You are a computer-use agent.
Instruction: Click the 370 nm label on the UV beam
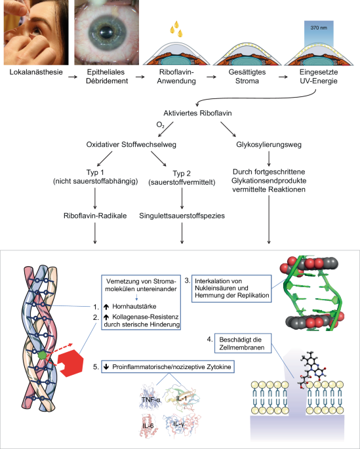click(x=319, y=28)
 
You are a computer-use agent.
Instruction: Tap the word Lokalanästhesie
click(x=36, y=72)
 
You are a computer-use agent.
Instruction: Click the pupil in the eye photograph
click(x=107, y=32)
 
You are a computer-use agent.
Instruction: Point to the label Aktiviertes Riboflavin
click(x=197, y=113)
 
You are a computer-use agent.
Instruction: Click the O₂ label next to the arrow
click(x=160, y=125)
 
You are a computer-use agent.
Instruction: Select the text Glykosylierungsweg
click(x=269, y=144)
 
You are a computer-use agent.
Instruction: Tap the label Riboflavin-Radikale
click(x=95, y=216)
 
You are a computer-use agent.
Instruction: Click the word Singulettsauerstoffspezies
click(x=182, y=216)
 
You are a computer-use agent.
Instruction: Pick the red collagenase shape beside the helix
click(x=70, y=362)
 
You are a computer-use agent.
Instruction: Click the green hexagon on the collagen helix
click(x=42, y=355)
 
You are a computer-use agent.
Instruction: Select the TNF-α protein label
click(x=151, y=399)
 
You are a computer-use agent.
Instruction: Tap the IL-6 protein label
click(x=148, y=425)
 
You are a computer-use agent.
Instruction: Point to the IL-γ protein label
click(x=179, y=424)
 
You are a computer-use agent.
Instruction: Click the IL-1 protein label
click(x=182, y=399)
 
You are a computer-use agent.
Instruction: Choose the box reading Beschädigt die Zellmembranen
click(x=242, y=343)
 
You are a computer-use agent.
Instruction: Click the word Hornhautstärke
click(x=134, y=306)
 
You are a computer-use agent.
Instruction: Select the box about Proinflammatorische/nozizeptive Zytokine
click(x=168, y=366)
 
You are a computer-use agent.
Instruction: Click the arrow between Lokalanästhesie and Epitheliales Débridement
click(x=73, y=77)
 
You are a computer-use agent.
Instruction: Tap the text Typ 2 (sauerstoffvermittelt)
click(x=182, y=178)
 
